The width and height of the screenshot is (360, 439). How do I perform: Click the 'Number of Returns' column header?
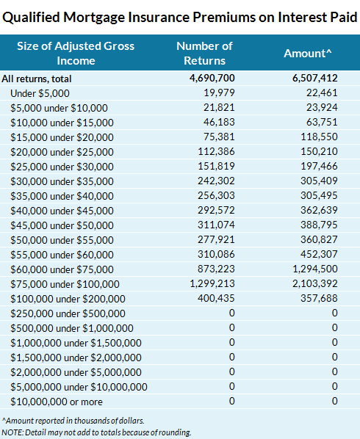coord(204,54)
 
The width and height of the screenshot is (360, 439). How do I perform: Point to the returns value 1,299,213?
coord(212,283)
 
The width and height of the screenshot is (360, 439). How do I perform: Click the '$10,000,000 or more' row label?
coord(57,402)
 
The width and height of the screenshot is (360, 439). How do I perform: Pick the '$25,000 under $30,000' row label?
coord(62,165)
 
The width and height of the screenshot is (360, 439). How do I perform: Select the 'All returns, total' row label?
coord(46,78)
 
